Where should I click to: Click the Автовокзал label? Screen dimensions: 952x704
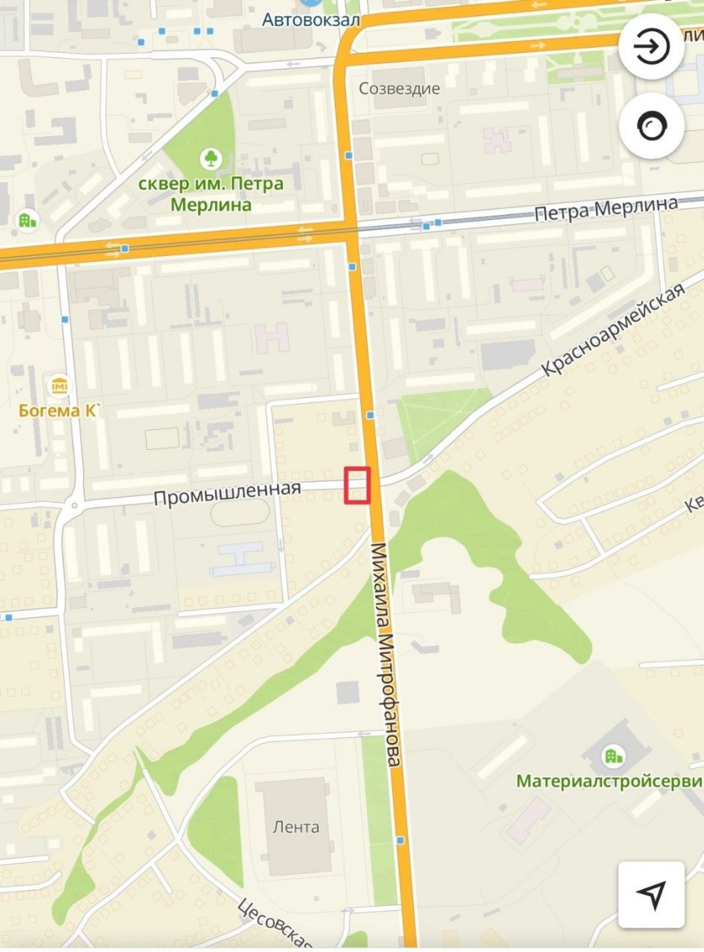(x=311, y=20)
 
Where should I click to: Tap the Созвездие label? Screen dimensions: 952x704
(x=399, y=89)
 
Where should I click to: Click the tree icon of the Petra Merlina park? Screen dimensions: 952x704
(x=210, y=158)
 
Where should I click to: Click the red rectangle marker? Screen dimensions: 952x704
(x=357, y=486)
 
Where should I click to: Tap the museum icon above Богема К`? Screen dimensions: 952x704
(x=60, y=386)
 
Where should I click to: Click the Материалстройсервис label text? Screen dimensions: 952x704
(x=609, y=781)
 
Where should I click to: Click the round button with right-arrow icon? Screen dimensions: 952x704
(x=652, y=46)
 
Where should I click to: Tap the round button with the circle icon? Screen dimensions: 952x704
(x=652, y=126)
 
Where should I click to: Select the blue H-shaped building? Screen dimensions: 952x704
(x=241, y=558)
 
